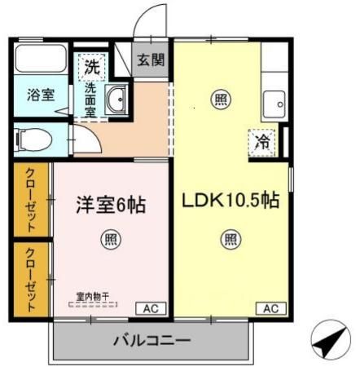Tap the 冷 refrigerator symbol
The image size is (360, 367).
[262, 142]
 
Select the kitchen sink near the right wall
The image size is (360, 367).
[273, 105]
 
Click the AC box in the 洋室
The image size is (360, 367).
[151, 308]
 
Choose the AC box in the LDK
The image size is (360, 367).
[270, 308]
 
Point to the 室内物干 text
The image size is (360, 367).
[93, 297]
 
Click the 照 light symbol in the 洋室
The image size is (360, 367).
[110, 241]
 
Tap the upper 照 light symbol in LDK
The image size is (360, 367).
[221, 99]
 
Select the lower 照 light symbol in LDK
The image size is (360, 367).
[230, 240]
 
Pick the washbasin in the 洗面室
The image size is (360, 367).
[116, 99]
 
